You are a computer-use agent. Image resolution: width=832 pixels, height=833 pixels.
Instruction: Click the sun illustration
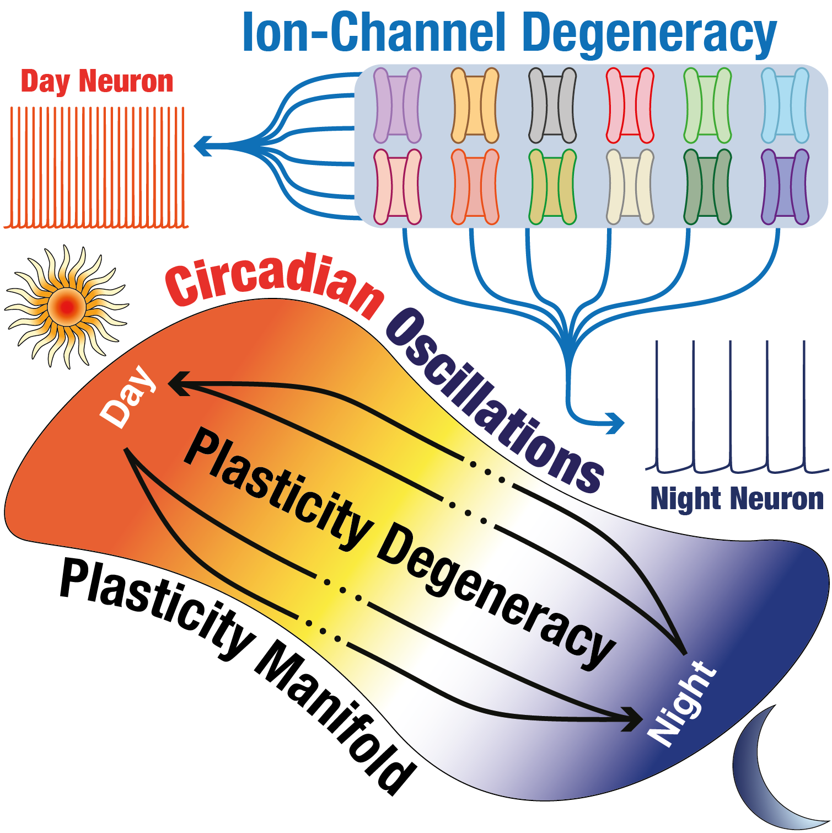[66, 307]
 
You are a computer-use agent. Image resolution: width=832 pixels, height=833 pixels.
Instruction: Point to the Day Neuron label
[97, 82]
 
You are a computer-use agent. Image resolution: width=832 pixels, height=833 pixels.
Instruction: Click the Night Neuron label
[737, 499]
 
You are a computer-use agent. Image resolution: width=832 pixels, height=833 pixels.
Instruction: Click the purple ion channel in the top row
[397, 105]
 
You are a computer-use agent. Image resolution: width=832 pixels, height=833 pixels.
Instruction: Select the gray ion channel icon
[552, 105]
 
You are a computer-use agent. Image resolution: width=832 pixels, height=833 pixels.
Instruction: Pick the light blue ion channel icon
[785, 105]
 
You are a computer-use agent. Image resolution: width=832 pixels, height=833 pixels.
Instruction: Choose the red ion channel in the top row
[630, 105]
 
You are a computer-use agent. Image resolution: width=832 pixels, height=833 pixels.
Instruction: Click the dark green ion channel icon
[707, 187]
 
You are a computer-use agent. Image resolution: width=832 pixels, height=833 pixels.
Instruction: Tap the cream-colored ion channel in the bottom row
[630, 187]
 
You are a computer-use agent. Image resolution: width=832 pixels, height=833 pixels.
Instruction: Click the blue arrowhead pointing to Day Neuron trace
[202, 146]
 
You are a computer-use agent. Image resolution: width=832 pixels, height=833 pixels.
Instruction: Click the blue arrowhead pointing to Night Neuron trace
[617, 423]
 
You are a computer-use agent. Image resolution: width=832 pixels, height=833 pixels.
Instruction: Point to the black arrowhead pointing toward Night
[633, 718]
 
